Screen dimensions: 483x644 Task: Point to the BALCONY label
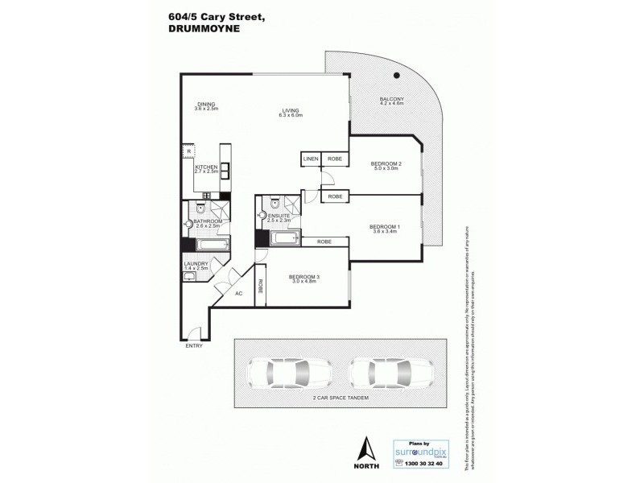[x=391, y=100]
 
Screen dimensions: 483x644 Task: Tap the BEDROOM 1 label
[x=383, y=226]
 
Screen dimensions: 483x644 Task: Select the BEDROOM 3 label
[x=305, y=278]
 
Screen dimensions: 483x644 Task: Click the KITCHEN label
[x=207, y=167]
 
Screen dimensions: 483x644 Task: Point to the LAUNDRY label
[x=196, y=263]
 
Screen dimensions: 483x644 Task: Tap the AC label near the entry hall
[x=238, y=293]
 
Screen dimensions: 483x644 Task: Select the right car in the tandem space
[x=383, y=374]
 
